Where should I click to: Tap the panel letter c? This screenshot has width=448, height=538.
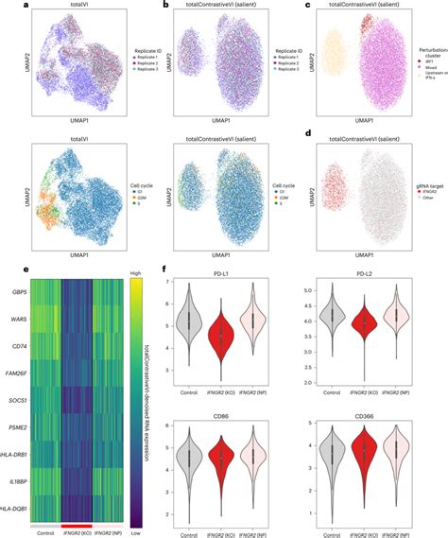pyautogui.click(x=309, y=5)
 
